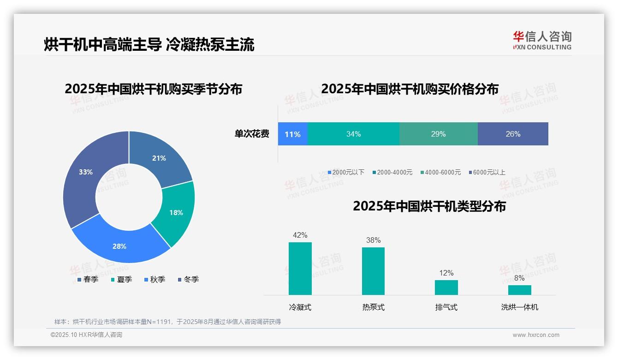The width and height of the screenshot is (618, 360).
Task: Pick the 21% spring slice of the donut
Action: pyautogui.click(x=160, y=157)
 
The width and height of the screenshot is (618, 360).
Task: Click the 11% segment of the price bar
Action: pyautogui.click(x=292, y=134)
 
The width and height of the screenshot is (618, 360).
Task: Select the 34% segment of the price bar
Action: pyautogui.click(x=353, y=134)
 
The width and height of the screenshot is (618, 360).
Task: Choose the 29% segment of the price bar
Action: pyautogui.click(x=438, y=134)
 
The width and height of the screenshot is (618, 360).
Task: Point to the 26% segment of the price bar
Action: pyautogui.click(x=513, y=134)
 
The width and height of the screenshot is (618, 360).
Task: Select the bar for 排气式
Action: pyautogui.click(x=446, y=287)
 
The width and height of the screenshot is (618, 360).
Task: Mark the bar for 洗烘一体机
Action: pyautogui.click(x=519, y=290)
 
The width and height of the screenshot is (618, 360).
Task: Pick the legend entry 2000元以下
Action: pyautogui.click(x=346, y=172)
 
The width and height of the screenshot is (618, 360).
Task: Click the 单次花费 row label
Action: pyautogui.click(x=252, y=134)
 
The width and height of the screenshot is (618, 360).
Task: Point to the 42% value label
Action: pyautogui.click(x=300, y=235)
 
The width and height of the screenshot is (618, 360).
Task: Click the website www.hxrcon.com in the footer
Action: pyautogui.click(x=536, y=335)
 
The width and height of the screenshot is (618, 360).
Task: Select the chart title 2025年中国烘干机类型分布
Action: pyautogui.click(x=429, y=206)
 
